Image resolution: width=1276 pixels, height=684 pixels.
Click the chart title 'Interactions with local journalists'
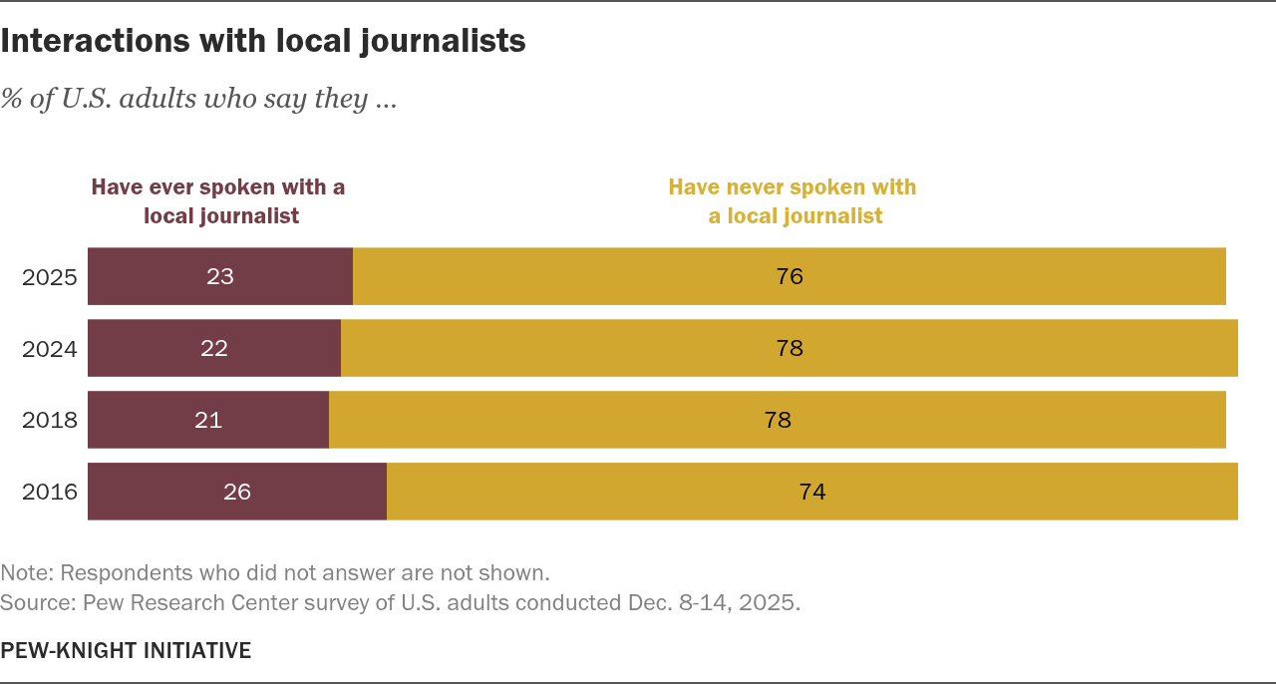(x=263, y=41)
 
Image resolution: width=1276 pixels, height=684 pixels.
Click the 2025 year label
(x=50, y=277)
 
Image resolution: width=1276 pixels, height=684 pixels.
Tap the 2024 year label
(x=50, y=349)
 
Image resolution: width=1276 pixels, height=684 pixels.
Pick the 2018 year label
(x=50, y=421)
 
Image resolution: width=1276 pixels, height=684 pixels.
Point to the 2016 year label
(x=50, y=493)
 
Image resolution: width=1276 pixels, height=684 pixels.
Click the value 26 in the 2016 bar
(x=237, y=492)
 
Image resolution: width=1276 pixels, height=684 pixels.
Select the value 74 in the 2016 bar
(x=812, y=492)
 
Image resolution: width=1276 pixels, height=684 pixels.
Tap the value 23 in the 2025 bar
(x=220, y=276)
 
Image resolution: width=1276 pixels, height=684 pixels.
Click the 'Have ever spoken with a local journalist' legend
(x=219, y=201)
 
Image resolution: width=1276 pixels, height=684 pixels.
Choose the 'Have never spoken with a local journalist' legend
(x=794, y=201)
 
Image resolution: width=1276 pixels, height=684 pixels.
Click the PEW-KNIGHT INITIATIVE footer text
(x=126, y=651)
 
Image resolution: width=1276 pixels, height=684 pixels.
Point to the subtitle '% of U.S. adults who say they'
(x=198, y=99)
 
